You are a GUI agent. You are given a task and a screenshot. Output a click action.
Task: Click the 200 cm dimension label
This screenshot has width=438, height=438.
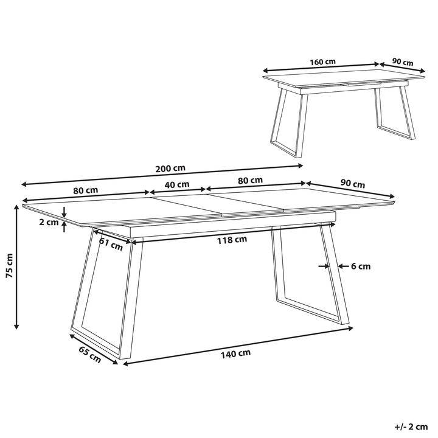tap(170, 169)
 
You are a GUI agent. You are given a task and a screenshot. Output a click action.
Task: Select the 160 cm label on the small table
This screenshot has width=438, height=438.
tap(322, 61)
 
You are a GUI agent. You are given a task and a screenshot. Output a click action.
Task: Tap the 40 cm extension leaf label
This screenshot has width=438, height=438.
tap(177, 185)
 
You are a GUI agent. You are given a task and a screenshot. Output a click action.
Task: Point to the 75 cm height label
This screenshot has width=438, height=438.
tap(10, 266)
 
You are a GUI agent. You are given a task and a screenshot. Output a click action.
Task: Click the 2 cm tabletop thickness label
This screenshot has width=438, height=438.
tap(49, 223)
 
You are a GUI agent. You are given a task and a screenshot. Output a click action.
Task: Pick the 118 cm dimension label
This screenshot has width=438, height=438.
tap(232, 240)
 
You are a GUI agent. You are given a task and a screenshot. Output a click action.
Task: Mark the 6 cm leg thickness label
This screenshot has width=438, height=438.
tap(361, 266)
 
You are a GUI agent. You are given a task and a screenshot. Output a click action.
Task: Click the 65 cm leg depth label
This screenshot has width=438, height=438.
tap(89, 355)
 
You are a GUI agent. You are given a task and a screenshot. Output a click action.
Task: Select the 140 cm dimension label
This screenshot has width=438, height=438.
tap(235, 353)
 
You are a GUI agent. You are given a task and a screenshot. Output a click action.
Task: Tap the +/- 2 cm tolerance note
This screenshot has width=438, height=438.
tap(411, 427)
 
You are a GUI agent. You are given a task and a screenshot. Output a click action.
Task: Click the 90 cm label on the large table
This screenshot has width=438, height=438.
tap(352, 184)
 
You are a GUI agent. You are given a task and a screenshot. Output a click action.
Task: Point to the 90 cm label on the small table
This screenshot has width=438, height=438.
tap(403, 62)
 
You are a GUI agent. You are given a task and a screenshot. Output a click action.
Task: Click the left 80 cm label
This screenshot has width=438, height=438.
tap(86, 190)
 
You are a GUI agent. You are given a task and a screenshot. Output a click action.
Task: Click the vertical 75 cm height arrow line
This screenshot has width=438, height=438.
tap(17, 266)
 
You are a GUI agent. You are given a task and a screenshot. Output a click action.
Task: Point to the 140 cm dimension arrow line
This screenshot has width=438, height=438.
tap(238, 346)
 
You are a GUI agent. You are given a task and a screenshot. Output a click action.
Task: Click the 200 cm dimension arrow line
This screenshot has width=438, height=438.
tap(162, 175)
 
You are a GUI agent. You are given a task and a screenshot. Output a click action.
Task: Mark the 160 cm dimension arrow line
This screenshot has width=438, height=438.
tap(321, 67)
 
